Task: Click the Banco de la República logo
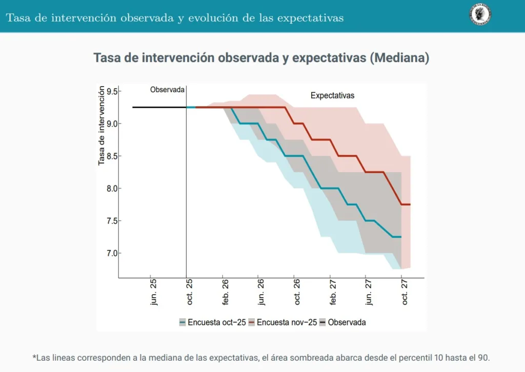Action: [480, 14]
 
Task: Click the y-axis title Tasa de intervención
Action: [102, 126]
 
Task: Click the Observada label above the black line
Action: [167, 90]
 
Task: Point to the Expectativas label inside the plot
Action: [332, 96]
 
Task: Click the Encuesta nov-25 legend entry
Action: [282, 322]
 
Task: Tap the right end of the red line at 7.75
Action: [409, 204]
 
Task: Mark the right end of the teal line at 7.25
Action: [400, 237]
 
